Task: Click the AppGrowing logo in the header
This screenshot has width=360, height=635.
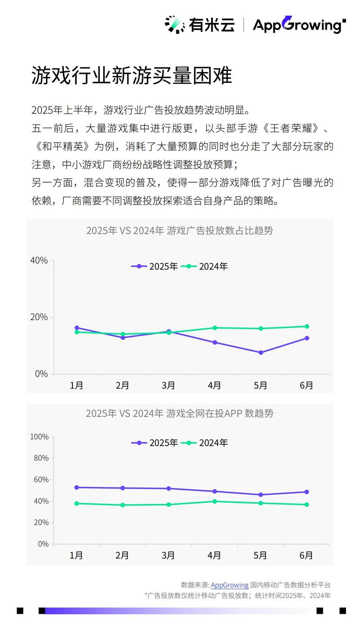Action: click(x=299, y=25)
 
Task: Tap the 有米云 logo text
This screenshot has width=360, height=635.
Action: click(x=211, y=25)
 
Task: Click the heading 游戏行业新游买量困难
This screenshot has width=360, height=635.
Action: click(x=131, y=76)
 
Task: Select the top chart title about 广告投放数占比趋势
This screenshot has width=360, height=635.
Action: click(x=180, y=231)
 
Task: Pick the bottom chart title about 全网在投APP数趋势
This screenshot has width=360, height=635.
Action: click(x=180, y=413)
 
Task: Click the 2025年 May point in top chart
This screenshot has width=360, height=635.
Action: click(x=261, y=353)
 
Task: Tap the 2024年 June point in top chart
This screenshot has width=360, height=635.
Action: click(x=306, y=326)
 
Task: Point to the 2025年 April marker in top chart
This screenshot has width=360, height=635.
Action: click(x=215, y=343)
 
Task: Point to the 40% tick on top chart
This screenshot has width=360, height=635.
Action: click(x=39, y=260)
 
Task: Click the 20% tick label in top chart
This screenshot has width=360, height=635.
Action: click(x=39, y=317)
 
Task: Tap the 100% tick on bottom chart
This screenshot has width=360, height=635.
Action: click(x=39, y=437)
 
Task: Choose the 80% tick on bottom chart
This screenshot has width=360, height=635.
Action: click(x=40, y=458)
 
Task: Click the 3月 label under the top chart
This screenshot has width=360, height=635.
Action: click(x=168, y=385)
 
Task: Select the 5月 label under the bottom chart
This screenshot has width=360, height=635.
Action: click(x=261, y=555)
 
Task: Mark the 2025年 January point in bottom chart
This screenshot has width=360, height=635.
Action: click(x=77, y=487)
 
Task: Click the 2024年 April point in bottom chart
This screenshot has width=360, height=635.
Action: click(x=215, y=501)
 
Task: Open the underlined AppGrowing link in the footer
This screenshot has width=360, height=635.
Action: click(x=229, y=585)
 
